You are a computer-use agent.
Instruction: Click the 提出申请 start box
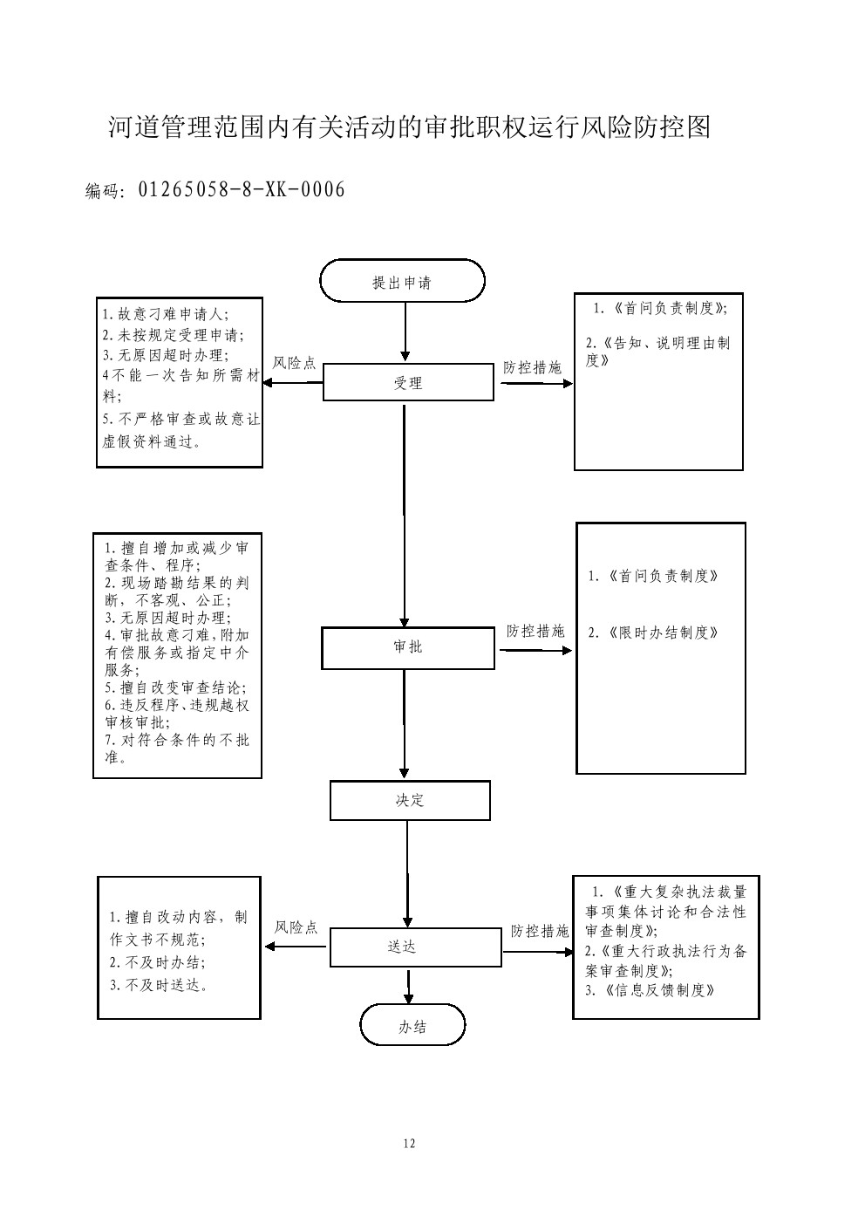pos(402,281)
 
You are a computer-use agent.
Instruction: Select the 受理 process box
pos(408,382)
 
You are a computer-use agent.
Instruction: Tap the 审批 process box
pos(407,647)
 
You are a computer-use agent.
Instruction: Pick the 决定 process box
pos(409,800)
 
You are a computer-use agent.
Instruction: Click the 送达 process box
pos(415,947)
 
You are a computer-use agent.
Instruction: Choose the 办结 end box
pos(412,1026)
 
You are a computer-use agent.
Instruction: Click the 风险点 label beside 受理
pos(295,363)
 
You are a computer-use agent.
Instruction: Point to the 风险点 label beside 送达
pos(296,927)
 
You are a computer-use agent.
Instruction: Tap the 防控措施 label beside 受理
pos(533,367)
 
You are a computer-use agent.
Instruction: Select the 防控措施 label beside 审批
pos(535,631)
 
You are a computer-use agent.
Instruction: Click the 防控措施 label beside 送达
pos(540,931)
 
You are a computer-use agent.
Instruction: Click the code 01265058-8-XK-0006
pos(242,189)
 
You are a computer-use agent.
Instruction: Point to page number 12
pos(410,1144)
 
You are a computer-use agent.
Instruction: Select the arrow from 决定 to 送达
pos(407,872)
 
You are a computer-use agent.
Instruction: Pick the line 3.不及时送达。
pos(160,985)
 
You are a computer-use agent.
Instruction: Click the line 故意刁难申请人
pos(172,314)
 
